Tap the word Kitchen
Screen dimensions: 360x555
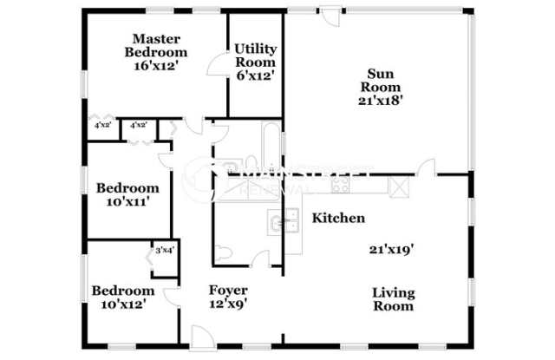tap(338, 219)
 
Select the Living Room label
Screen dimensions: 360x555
tap(393, 298)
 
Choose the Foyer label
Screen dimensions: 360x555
tap(229, 290)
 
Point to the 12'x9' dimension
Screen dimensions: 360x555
tap(229, 304)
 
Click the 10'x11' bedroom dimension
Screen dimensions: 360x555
tap(127, 202)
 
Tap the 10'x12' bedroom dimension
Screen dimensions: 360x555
tap(124, 304)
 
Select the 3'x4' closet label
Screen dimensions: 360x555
tap(165, 252)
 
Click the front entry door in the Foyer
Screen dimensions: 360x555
tap(201, 338)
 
